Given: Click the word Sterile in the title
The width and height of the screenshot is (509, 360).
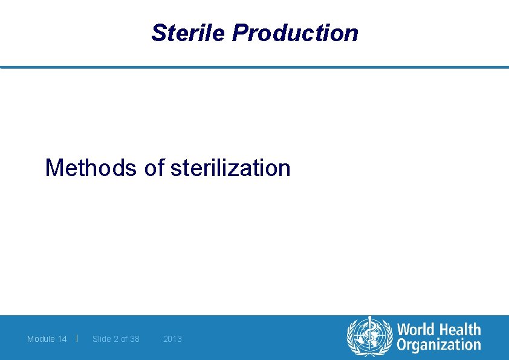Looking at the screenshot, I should click(189, 33).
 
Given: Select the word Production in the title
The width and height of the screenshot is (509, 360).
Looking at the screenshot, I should click(295, 33).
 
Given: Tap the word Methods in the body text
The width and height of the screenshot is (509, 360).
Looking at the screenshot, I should click(91, 168).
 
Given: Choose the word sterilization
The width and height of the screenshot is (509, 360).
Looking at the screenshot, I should click(230, 168).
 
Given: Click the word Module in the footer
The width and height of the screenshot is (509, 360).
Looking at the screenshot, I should click(41, 339).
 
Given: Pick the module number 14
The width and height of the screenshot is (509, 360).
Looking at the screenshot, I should click(62, 339).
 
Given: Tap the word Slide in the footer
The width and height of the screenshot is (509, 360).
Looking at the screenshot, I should click(102, 339).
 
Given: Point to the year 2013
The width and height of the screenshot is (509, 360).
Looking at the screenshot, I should click(172, 339).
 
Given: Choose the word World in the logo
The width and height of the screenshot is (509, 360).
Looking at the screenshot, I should click(417, 330).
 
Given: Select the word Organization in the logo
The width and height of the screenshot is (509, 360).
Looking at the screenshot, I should click(438, 345).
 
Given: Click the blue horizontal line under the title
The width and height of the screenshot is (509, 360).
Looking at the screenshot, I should click(254, 67).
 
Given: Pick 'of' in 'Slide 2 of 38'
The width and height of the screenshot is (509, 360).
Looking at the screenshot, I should click(125, 339).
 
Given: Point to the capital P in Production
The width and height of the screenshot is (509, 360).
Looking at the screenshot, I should click(239, 33).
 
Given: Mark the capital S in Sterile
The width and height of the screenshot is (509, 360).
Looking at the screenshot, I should click(158, 33).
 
